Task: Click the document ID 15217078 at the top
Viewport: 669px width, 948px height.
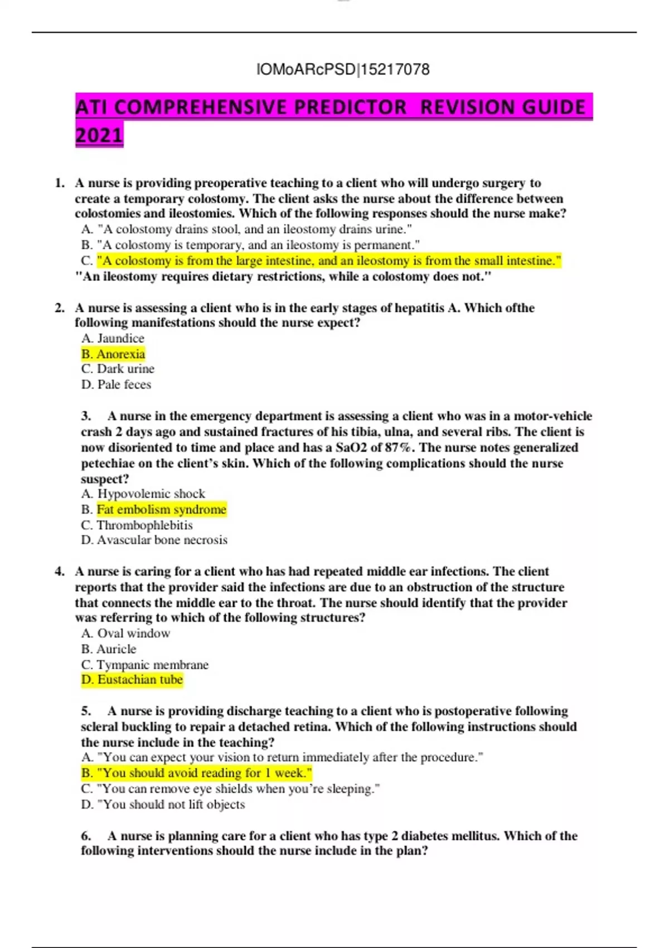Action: coord(395,70)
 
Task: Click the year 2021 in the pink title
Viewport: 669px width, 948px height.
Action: coord(99,136)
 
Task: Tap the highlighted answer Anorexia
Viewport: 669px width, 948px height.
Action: coord(113,354)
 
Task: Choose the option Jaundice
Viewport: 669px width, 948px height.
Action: coord(113,338)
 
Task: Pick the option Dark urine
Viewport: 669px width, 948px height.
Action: coord(118,369)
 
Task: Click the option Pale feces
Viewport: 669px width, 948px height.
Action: coord(117,385)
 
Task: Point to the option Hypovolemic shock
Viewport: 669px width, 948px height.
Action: coord(143,494)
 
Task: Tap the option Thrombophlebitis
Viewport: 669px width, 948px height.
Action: coord(137,525)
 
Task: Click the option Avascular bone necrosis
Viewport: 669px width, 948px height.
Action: coord(154,540)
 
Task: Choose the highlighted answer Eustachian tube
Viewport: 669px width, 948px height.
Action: coord(132,680)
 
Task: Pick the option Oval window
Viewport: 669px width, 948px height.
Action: coord(126,633)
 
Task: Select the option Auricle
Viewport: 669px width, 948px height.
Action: coord(109,649)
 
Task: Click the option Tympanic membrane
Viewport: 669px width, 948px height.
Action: coord(145,665)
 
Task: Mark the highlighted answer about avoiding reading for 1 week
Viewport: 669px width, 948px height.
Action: coord(196,773)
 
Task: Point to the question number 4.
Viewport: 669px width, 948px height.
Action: coord(59,572)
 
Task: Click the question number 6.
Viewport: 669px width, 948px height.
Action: coord(86,836)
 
